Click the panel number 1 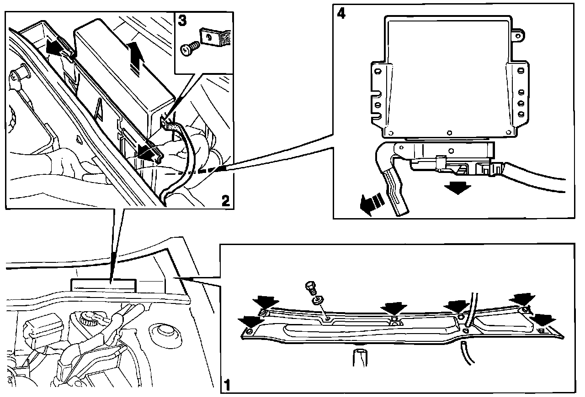(x=227, y=385)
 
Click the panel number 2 (x=226, y=200)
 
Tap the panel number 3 (x=182, y=21)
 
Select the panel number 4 (x=341, y=13)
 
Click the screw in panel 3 (x=190, y=49)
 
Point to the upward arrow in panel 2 (x=136, y=59)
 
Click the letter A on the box (x=99, y=110)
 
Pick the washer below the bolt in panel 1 (x=317, y=300)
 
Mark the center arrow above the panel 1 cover (x=394, y=308)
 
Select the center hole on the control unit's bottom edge (x=449, y=133)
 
